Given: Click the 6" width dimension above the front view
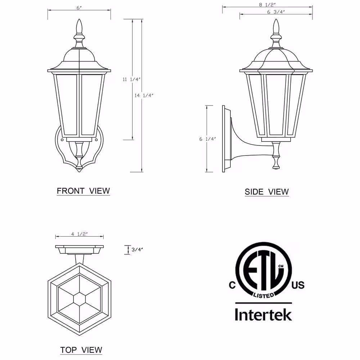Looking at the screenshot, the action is point(79,8).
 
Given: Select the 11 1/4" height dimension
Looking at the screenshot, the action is point(131,80).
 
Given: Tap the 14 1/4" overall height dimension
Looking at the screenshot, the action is point(144,95).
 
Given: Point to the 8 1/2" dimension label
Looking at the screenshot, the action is point(267,4).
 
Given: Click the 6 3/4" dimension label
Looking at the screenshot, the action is point(276,12).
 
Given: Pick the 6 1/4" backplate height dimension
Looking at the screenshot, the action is point(208,139).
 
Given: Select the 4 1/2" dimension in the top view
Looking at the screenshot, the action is point(80,234).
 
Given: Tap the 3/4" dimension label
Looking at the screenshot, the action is point(137,249).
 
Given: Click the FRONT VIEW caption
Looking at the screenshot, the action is point(84,191).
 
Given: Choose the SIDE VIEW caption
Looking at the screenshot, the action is point(266,192).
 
